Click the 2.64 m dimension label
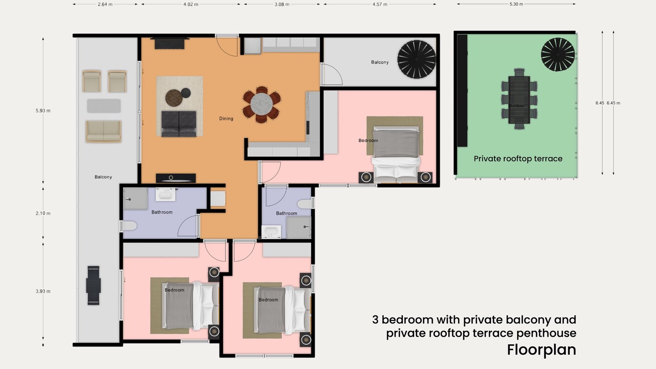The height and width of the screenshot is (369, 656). pos(105,5)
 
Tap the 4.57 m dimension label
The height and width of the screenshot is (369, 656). pos(380,5)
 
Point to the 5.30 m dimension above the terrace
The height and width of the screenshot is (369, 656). pos(516,4)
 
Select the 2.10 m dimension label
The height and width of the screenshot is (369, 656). pos(43,213)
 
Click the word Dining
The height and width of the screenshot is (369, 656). pos(226,118)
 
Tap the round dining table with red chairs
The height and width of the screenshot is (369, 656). pos(261,104)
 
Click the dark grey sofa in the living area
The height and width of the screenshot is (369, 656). pos(179,124)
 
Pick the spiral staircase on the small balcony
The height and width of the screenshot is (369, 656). pos(417,59)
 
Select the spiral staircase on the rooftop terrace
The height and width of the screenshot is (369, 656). pos(558,54)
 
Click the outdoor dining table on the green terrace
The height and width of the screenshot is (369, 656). pos(519,99)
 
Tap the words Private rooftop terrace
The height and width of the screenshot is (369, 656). pos(518,159)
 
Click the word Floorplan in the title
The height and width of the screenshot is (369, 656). pos(542,350)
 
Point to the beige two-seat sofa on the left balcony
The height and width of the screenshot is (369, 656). pos(104,131)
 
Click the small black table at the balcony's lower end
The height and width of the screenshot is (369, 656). pos(93,285)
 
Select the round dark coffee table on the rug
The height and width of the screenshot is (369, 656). pos(174,98)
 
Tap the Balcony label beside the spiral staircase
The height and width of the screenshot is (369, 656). pos(380,62)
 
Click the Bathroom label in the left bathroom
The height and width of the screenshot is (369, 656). pos(162,212)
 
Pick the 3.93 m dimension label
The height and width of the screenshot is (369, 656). pos(43,291)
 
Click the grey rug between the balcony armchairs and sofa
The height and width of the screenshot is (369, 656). pos(104,106)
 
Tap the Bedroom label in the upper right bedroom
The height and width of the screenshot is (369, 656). pos(368,140)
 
